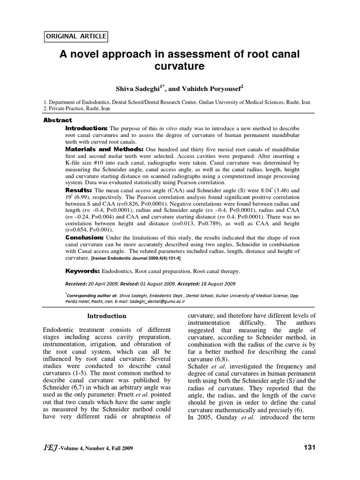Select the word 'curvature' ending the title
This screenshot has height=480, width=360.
point(180,67)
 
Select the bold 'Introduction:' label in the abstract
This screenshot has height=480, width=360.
point(87,128)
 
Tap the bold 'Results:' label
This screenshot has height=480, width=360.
point(78,191)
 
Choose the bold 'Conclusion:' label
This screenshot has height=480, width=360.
point(87,238)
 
